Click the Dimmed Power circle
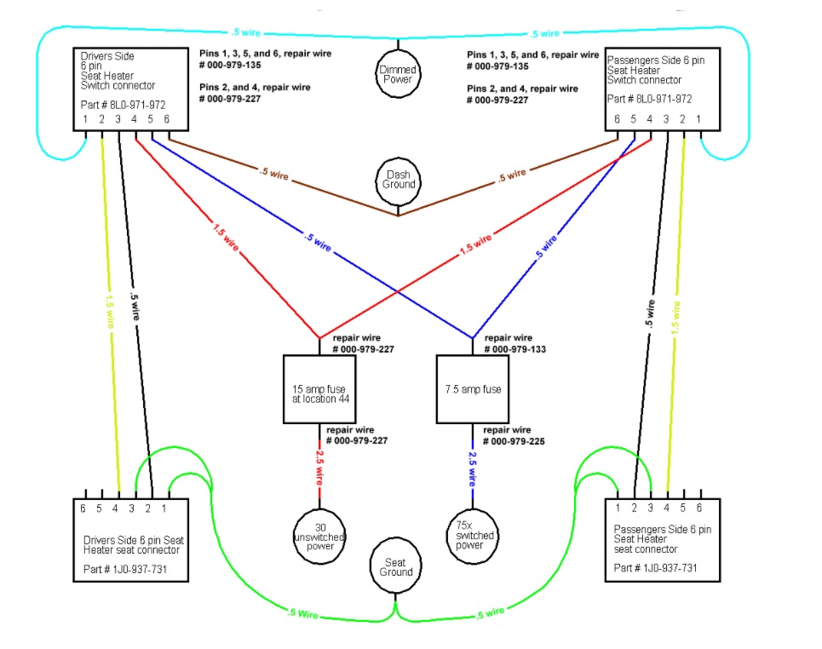[398, 73]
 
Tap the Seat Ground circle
[396, 566]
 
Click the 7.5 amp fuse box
[474, 389]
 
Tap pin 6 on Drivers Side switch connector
[166, 118]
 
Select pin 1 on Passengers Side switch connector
[699, 119]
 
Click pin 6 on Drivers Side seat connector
[83, 508]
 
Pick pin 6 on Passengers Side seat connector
[699, 508]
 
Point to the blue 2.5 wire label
[474, 469]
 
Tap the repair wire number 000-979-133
[515, 349]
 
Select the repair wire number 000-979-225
[515, 441]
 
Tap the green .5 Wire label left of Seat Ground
[304, 612]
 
